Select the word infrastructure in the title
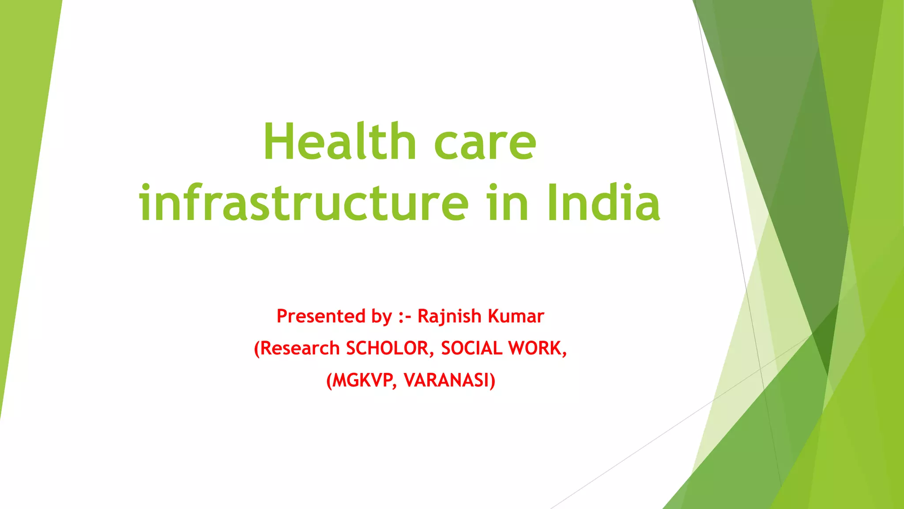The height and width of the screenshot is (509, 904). (x=304, y=203)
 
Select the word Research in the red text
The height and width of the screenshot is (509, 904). (x=300, y=348)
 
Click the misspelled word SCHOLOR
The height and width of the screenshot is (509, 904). (x=387, y=348)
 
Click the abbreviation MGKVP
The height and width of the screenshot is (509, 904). (x=362, y=380)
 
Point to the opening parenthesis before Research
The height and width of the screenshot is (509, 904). (x=257, y=348)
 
